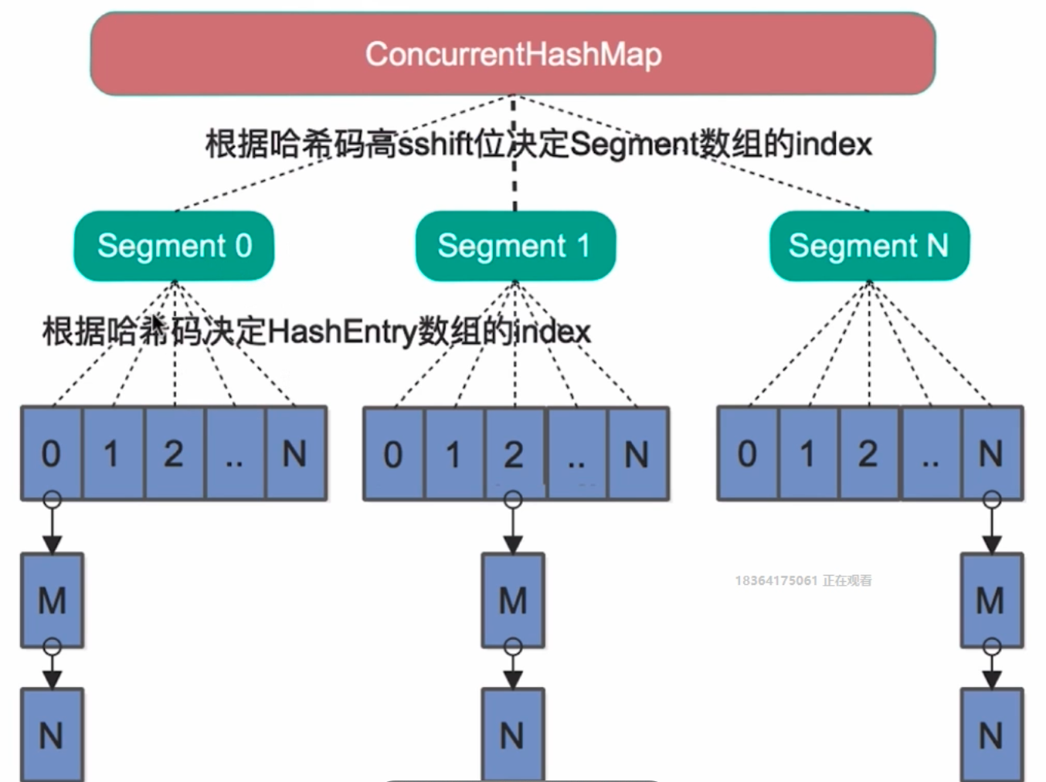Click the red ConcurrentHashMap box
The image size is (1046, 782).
(513, 54)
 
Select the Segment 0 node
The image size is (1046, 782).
(174, 246)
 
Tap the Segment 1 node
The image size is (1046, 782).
(515, 246)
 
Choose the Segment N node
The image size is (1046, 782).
(869, 246)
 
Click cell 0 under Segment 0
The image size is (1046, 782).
(51, 454)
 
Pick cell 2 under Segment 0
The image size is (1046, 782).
(174, 454)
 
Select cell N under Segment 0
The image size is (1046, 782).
(295, 454)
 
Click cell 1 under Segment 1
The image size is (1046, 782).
(454, 454)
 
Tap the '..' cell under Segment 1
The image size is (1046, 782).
(576, 454)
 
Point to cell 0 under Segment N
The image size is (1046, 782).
(747, 454)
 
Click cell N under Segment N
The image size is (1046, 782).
(991, 454)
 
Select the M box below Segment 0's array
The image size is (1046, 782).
(52, 600)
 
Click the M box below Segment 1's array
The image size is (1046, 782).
(513, 600)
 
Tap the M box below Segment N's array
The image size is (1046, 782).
(991, 600)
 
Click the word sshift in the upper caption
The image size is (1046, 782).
(436, 144)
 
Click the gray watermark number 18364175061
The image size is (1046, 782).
(776, 580)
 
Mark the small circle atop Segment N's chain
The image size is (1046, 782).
(992, 500)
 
